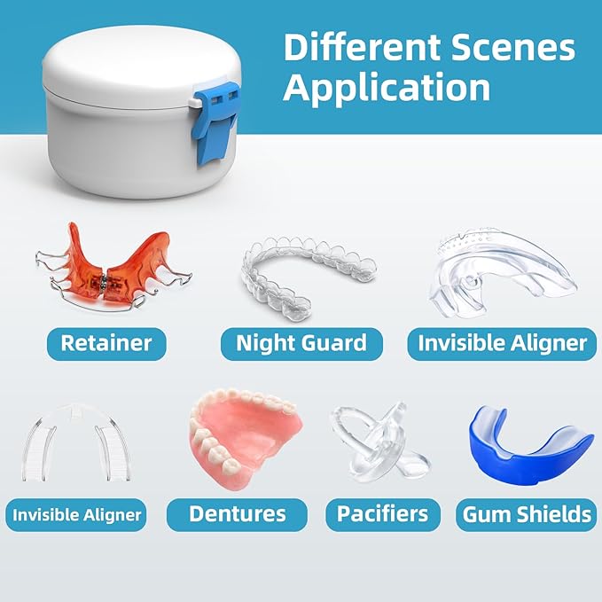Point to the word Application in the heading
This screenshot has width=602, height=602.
pyautogui.click(x=387, y=88)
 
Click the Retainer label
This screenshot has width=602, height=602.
pyautogui.click(x=106, y=342)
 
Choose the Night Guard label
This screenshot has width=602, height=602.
pyautogui.click(x=301, y=342)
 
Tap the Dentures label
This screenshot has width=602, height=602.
pyautogui.click(x=237, y=513)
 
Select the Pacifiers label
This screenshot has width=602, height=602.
pyautogui.click(x=383, y=513)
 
